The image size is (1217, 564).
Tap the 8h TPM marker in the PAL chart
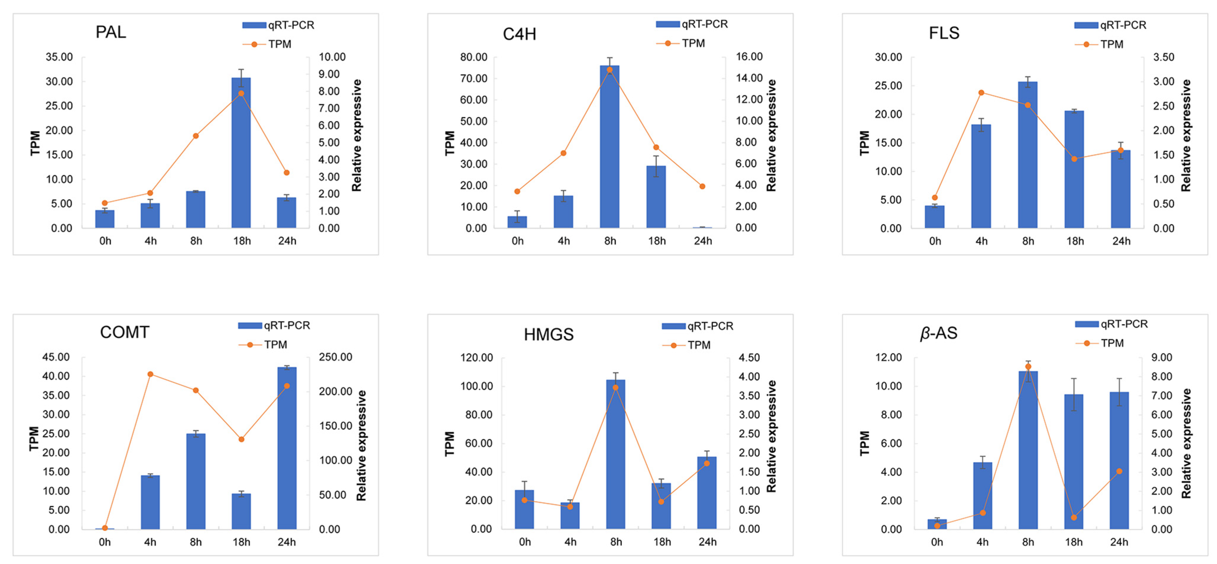[196, 136]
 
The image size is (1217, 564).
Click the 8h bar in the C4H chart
[610, 146]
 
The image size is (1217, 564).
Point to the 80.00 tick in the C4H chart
[474, 57]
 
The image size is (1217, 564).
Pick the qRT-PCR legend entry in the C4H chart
[692, 24]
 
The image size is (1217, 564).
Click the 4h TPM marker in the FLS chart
[981, 93]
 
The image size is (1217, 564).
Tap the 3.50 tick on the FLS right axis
[1163, 57]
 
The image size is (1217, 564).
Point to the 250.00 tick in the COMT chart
[336, 357]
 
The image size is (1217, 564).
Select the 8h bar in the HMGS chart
[615, 454]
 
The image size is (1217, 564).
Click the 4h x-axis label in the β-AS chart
[982, 542]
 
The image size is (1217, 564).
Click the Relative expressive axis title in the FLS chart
[1186, 136]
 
